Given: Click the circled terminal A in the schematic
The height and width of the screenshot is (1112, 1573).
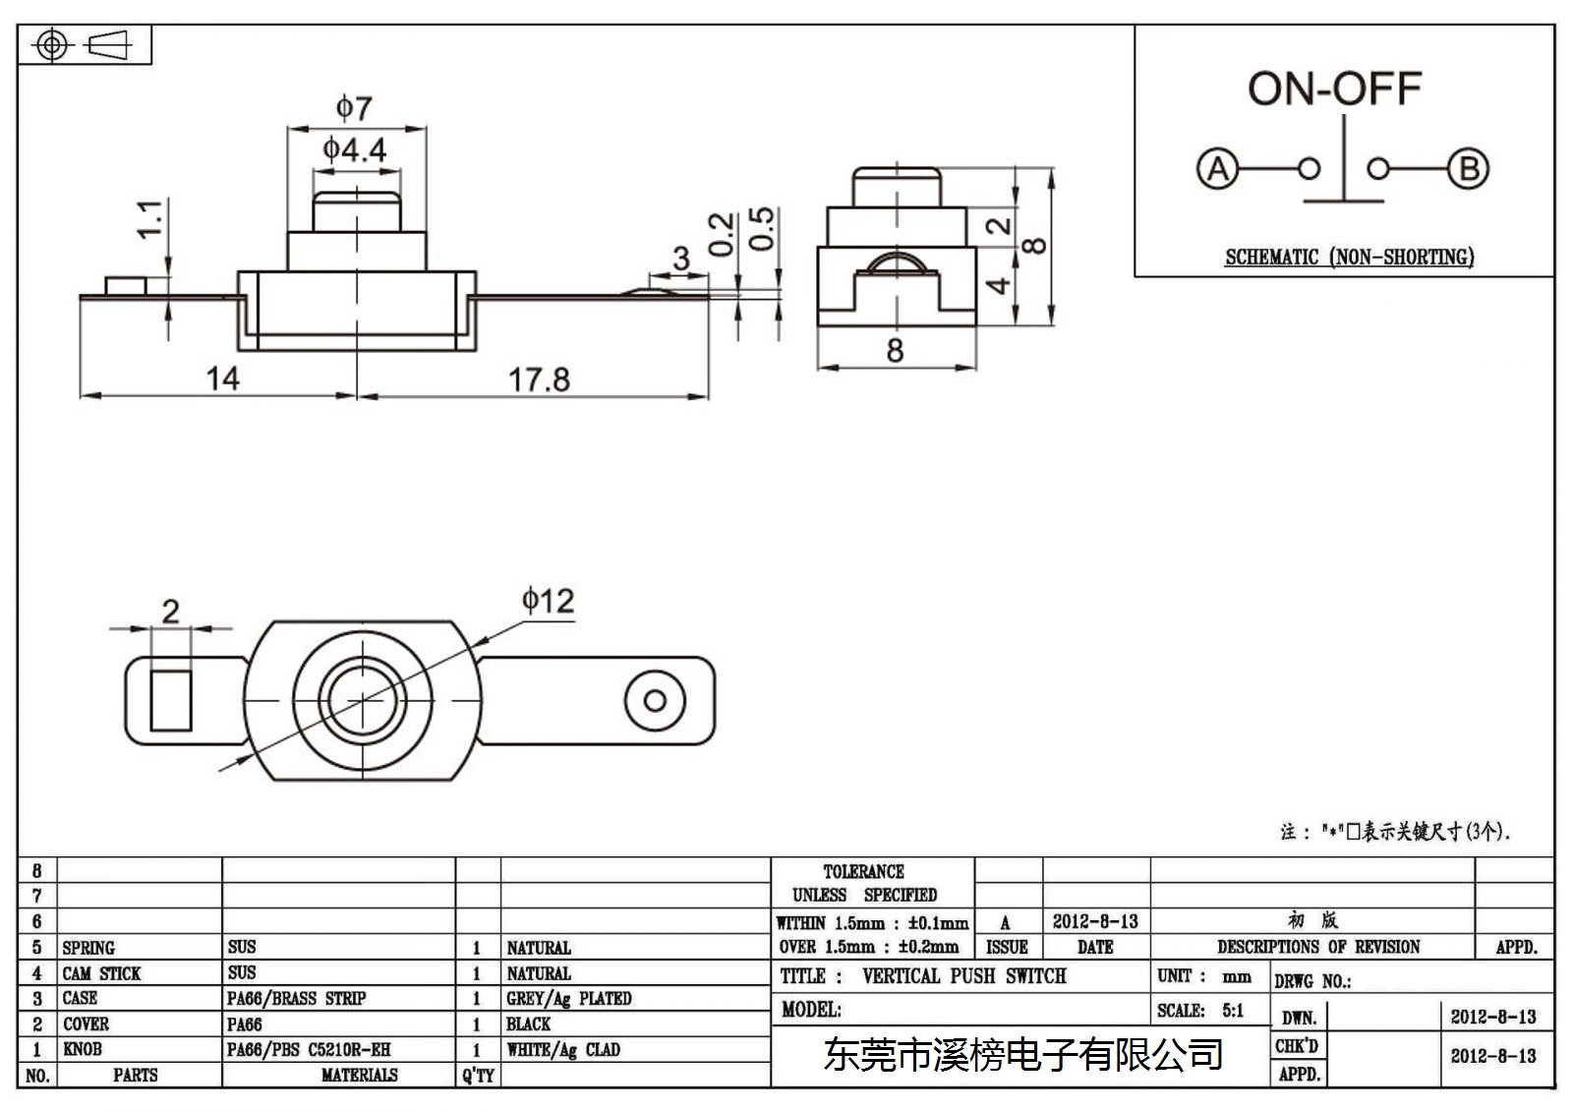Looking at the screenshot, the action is click(x=1217, y=168).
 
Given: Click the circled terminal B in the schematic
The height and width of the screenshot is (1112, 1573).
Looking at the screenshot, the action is click(x=1469, y=168).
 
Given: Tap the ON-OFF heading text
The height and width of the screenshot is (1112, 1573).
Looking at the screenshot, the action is click(x=1334, y=89).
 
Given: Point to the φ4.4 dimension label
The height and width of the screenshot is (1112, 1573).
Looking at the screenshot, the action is click(x=355, y=148).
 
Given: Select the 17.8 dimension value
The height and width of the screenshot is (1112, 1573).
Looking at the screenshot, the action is click(x=539, y=380).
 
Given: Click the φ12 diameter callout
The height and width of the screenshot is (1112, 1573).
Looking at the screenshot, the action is click(x=548, y=601).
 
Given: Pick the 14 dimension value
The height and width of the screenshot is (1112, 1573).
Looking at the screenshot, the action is click(x=222, y=379).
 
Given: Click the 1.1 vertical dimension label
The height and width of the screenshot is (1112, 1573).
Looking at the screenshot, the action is click(x=150, y=218).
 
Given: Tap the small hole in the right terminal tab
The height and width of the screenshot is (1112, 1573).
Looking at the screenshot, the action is click(x=655, y=700).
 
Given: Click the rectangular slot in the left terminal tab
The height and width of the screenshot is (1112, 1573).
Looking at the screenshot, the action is click(x=171, y=700).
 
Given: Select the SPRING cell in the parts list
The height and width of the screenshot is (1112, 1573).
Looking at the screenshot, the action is click(x=88, y=948).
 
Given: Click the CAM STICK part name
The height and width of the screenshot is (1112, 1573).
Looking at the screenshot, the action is click(x=101, y=973).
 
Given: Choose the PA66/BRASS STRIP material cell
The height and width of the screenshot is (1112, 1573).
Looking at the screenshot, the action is click(x=296, y=998).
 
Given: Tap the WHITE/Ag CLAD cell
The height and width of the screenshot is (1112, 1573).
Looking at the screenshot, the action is click(x=563, y=1049).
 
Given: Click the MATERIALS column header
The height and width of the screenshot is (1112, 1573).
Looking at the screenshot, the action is click(x=360, y=1075).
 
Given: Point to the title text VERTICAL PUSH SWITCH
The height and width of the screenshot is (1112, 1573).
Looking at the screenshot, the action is click(x=963, y=975).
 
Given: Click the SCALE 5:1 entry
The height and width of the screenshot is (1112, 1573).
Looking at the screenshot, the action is click(x=1200, y=1010).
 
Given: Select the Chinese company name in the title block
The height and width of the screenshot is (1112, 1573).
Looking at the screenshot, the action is click(x=1023, y=1055).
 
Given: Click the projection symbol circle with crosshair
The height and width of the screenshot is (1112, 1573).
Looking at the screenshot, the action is click(x=52, y=45).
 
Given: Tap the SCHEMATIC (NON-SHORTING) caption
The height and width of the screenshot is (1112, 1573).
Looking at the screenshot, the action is click(x=1349, y=257).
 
